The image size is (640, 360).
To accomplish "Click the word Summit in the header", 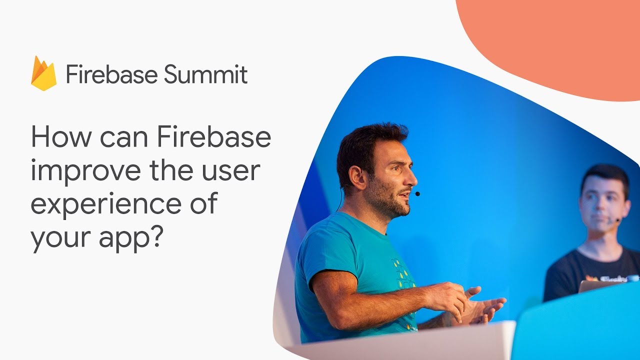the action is click(x=205, y=74).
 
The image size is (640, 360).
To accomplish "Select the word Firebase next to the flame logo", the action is click(x=112, y=74).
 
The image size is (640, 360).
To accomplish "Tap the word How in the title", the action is click(x=61, y=136).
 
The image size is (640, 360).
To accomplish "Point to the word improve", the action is click(x=85, y=171).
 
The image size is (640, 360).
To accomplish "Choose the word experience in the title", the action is click(x=106, y=204).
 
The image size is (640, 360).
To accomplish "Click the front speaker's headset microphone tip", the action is click(x=417, y=194).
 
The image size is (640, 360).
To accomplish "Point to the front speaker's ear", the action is click(x=357, y=177).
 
